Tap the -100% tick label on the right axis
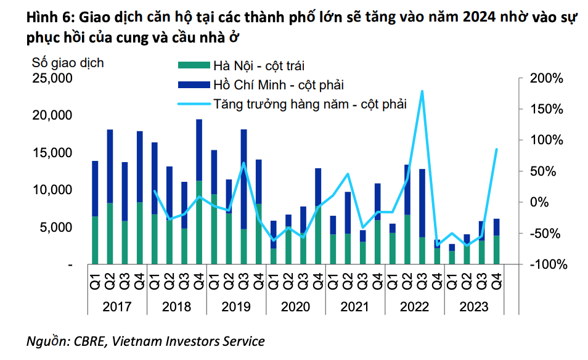pos(545,264)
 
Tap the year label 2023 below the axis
pos(474,306)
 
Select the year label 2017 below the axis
pos(117,306)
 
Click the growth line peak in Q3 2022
pos(422,91)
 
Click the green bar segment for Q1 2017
pos(95,240)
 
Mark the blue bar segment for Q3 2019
pos(243,179)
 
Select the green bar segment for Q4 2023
pos(497,250)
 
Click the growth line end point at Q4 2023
pos(497,149)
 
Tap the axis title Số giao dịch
pos(68,63)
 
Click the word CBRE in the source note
pos(88,341)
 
